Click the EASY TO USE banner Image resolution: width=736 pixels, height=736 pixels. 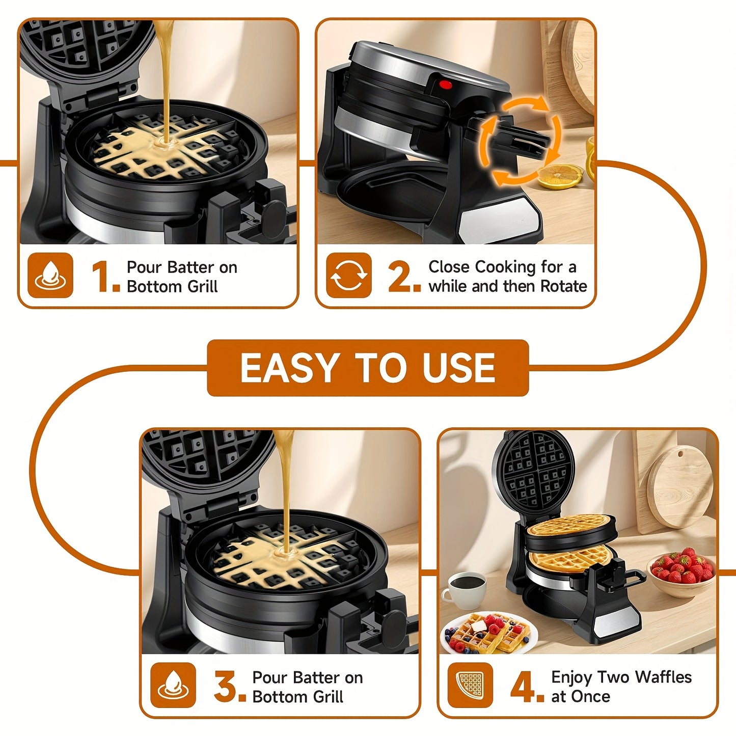(x=368, y=368)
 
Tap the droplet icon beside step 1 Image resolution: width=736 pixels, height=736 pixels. (x=50, y=276)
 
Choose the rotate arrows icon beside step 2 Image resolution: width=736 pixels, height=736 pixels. (x=348, y=276)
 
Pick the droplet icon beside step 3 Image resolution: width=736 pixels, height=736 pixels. (x=173, y=685)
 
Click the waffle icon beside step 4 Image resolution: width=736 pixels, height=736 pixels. (x=470, y=685)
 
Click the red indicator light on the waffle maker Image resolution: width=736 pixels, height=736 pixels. (x=446, y=85)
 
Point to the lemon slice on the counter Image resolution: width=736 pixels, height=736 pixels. (x=560, y=177)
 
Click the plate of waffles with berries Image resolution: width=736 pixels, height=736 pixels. (x=488, y=634)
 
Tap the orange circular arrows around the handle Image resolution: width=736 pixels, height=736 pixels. (x=520, y=141)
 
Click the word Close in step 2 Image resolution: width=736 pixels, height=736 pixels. (x=449, y=267)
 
